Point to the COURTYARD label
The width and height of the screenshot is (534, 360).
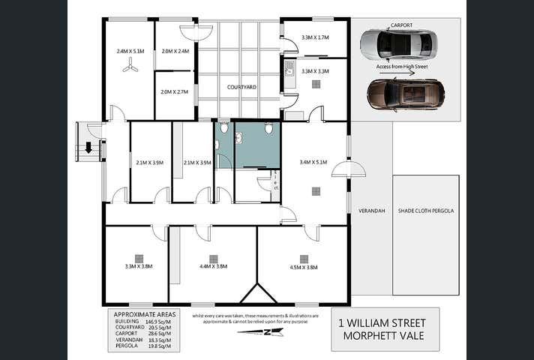point(241,88)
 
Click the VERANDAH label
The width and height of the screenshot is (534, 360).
point(371,211)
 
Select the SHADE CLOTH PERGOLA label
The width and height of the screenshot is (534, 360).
point(426,211)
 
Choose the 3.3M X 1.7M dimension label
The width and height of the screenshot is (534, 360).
point(315,37)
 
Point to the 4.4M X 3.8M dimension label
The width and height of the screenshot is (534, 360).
point(214,267)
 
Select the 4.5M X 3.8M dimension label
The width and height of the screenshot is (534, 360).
point(303,267)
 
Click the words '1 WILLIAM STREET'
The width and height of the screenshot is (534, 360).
point(385,322)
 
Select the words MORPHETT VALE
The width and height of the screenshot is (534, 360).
point(385,336)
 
